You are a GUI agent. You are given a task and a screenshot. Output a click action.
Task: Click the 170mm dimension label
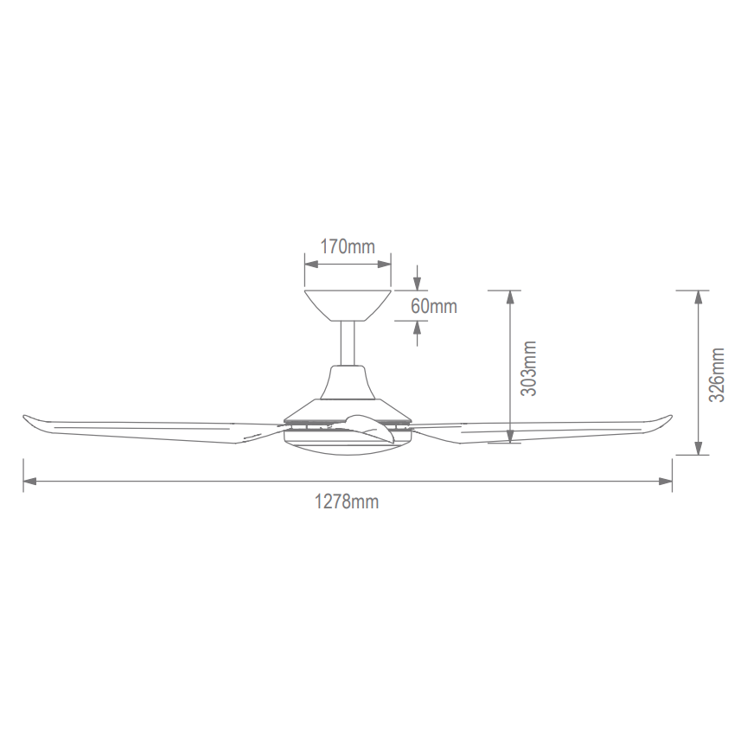pyautogui.click(x=348, y=246)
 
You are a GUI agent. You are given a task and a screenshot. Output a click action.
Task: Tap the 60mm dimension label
pyautogui.click(x=433, y=306)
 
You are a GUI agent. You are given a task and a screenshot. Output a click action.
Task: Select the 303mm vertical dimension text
pyautogui.click(x=529, y=368)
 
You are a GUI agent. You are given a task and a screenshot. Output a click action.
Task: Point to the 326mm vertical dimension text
pyautogui.click(x=717, y=374)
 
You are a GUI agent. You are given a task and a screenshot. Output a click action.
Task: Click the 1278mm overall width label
pyautogui.click(x=347, y=501)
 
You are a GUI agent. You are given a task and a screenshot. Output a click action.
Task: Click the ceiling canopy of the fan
pyautogui.click(x=348, y=305)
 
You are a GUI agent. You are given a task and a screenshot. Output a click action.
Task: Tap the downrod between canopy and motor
pyautogui.click(x=348, y=343)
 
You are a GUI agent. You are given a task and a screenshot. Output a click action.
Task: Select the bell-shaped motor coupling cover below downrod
pyautogui.click(x=348, y=382)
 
